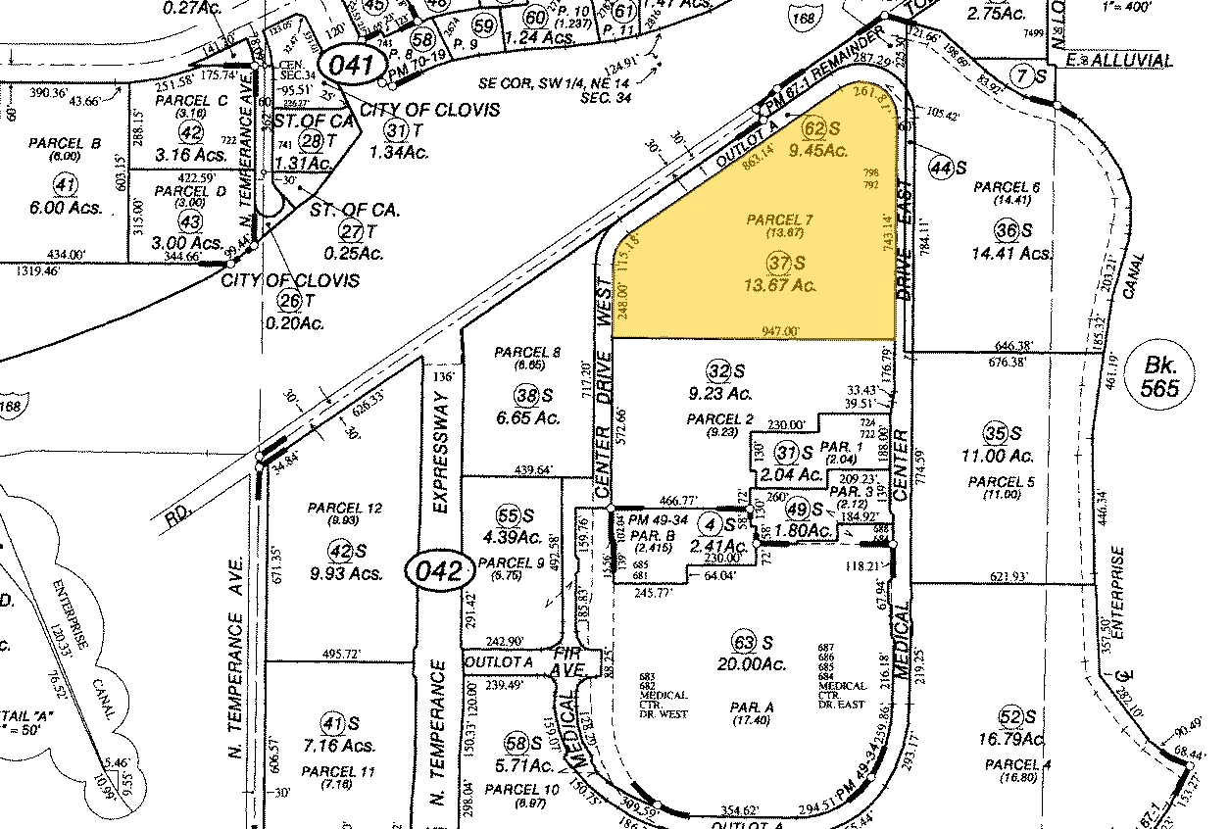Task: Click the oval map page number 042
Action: [435, 571]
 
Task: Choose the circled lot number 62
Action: [813, 128]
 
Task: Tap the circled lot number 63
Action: [748, 642]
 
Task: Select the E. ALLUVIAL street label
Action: [1118, 61]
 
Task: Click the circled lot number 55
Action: [507, 516]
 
